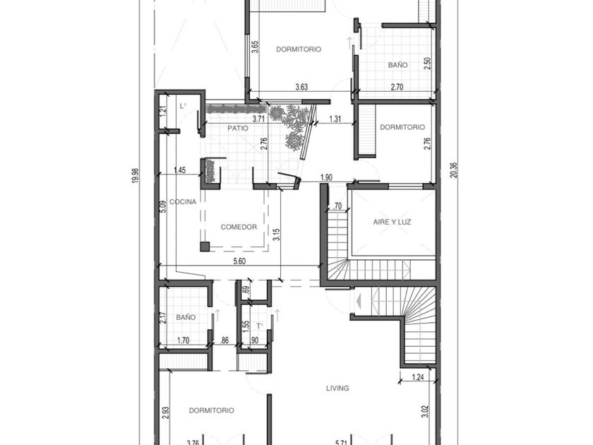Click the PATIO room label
(x=238, y=129)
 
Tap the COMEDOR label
(x=239, y=227)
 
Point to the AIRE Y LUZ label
(x=392, y=222)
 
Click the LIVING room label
(x=337, y=388)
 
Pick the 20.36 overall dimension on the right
(x=453, y=170)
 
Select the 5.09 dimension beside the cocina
(x=162, y=206)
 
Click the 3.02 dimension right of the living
(x=426, y=410)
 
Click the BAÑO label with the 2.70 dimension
(x=397, y=65)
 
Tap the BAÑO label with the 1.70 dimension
(x=186, y=318)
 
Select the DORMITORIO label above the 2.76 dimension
(x=402, y=127)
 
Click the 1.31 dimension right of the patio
(x=335, y=119)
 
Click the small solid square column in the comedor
(x=205, y=247)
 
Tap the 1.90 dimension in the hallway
(x=326, y=177)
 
